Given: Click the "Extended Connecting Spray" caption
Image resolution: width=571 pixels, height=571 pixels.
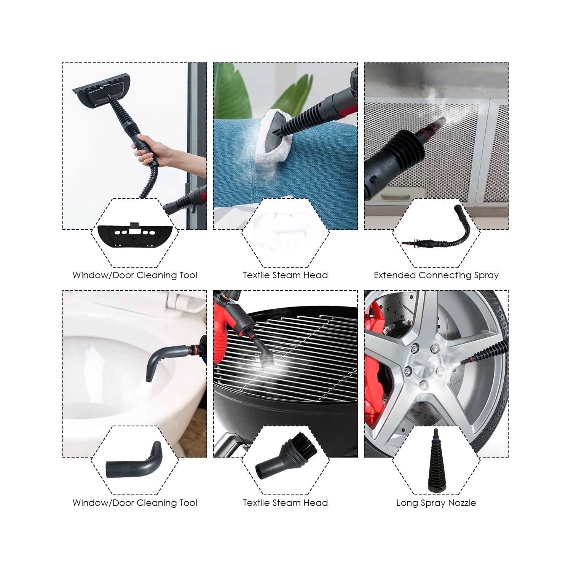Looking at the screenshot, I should point(436,275).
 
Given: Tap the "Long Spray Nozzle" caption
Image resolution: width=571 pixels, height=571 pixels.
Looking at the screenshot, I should point(436,503).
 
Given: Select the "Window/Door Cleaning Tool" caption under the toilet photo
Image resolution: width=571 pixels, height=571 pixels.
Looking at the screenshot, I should point(135,503).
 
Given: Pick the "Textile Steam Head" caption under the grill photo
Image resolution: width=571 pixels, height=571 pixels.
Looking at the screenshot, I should point(285,503).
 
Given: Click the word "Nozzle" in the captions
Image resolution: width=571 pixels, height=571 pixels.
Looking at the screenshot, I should point(462,503).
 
